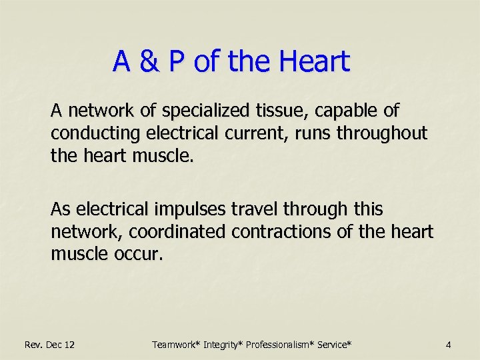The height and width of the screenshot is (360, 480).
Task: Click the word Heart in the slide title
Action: pyautogui.click(x=314, y=62)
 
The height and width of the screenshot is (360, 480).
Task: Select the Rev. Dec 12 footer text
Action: pyautogui.click(x=49, y=345)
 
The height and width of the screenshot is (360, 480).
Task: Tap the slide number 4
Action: pyautogui.click(x=449, y=345)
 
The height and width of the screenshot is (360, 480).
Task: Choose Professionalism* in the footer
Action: pyautogui.click(x=281, y=345)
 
